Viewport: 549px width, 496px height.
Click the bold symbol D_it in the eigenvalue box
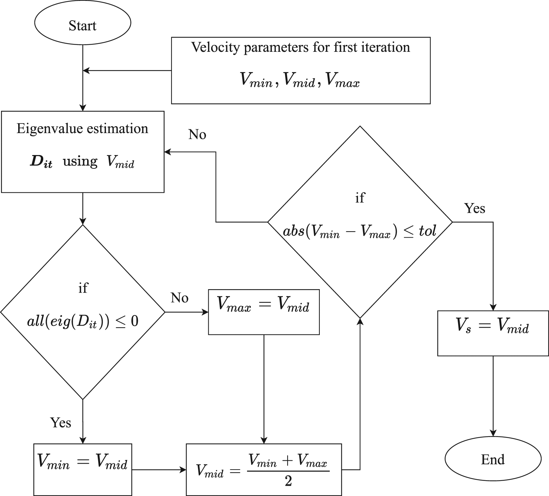41,162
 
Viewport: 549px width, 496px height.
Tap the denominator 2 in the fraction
288,482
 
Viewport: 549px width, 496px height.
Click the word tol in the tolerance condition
427,231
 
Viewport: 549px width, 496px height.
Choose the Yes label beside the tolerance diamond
475,208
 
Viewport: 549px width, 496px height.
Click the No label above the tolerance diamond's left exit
197,135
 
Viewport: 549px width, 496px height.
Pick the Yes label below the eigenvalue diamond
61,423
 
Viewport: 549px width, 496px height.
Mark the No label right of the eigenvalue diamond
179,298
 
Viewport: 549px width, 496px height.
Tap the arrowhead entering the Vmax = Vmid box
205,312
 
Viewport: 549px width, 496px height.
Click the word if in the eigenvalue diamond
83,288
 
